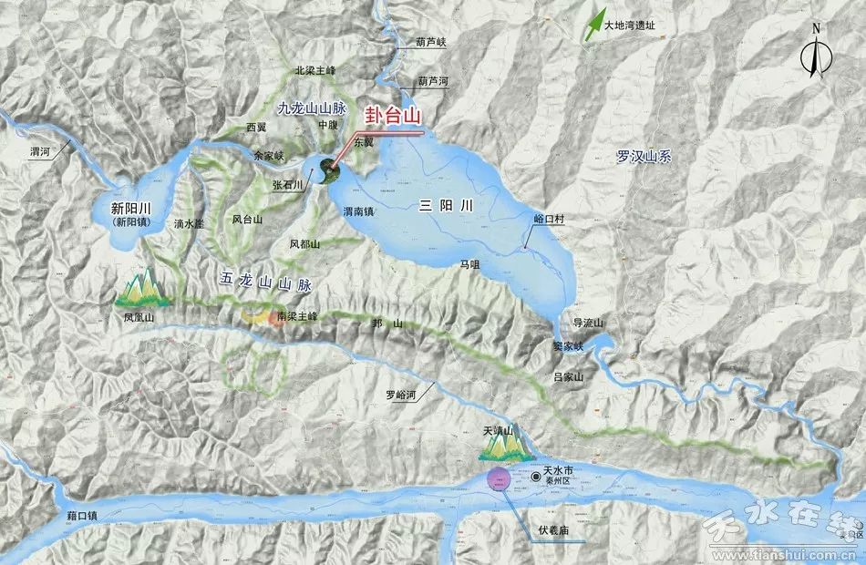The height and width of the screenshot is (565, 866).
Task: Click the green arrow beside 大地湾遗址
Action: pyautogui.click(x=595, y=22)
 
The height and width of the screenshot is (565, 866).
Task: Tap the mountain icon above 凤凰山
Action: pyautogui.click(x=141, y=289)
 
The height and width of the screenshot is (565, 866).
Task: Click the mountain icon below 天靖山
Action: pyautogui.click(x=504, y=447)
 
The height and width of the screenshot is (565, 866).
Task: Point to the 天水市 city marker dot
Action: pyautogui.click(x=535, y=477)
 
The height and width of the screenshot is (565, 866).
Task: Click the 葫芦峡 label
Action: pyautogui.click(x=431, y=42)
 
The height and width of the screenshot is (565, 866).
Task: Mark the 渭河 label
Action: pyautogui.click(x=40, y=153)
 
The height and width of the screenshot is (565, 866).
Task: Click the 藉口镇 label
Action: pyautogui.click(x=82, y=516)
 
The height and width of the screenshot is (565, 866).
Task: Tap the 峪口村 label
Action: pyautogui.click(x=550, y=220)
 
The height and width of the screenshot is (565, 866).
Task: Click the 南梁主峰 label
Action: pyautogui.click(x=296, y=316)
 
